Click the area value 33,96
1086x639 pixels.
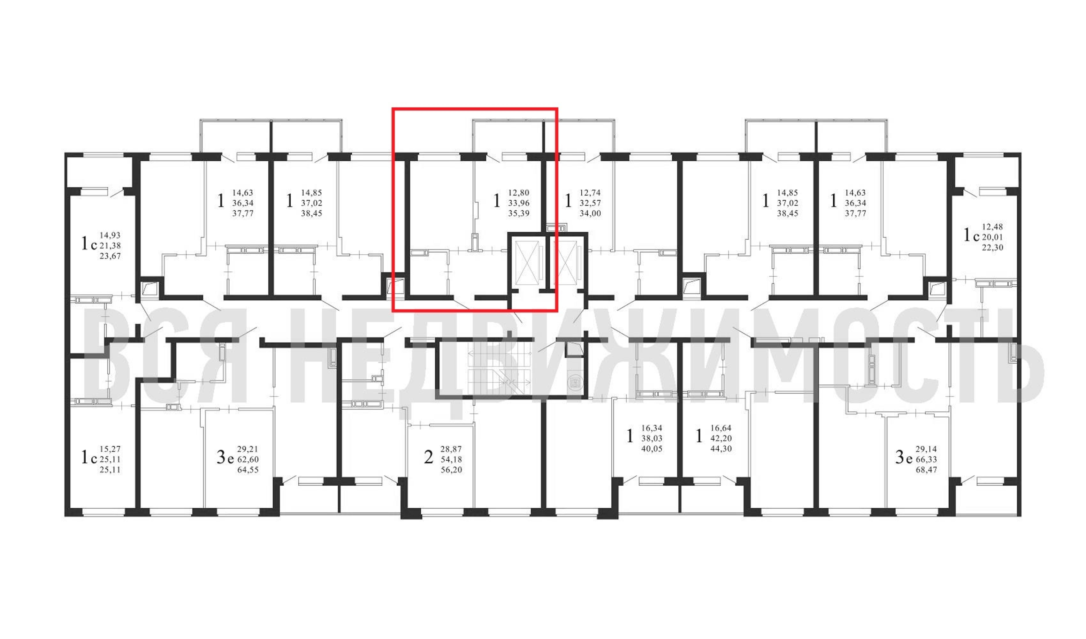click(518, 203)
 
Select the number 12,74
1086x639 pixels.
click(590, 193)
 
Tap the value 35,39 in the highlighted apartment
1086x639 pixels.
click(518, 213)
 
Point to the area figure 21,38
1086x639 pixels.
click(110, 246)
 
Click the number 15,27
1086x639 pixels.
click(110, 449)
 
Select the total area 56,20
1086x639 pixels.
click(451, 470)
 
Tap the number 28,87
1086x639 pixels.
click(451, 449)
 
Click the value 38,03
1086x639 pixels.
click(652, 438)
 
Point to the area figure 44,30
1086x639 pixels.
click(721, 449)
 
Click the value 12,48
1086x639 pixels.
click(992, 227)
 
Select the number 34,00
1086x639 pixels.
click(590, 213)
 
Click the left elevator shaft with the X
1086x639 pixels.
click(527, 264)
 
